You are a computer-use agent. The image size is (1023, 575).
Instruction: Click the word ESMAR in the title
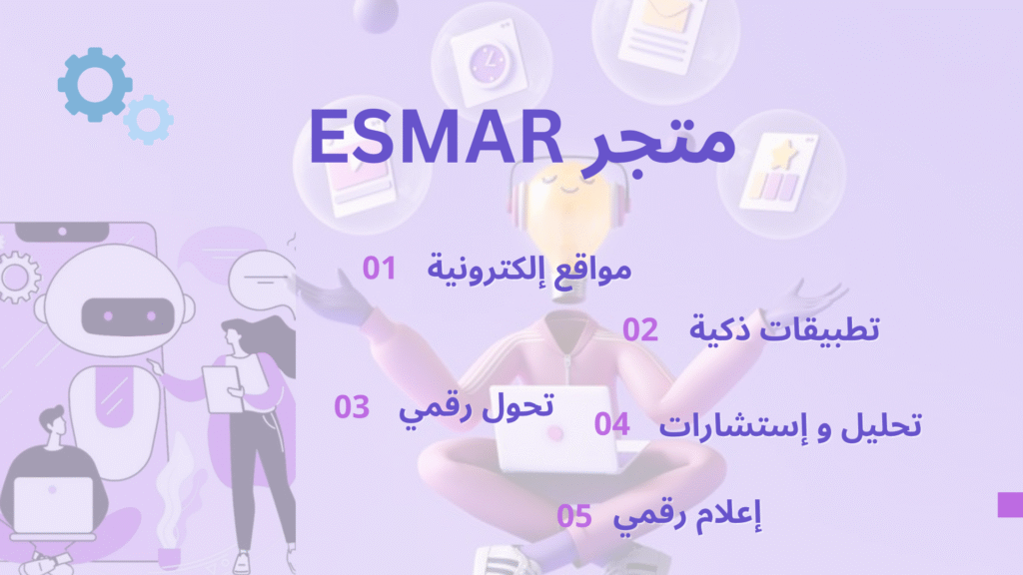[436, 137]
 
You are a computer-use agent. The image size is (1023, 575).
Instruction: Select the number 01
[379, 268]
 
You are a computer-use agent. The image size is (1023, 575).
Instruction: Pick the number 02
[640, 329]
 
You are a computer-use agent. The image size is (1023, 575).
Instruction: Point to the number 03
[352, 407]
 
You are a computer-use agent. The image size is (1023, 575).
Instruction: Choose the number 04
[612, 424]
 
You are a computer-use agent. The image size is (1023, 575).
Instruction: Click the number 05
[574, 516]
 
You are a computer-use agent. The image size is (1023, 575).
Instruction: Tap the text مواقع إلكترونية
[529, 270]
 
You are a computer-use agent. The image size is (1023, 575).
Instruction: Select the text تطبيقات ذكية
[784, 327]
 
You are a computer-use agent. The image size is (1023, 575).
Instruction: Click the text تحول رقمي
[477, 408]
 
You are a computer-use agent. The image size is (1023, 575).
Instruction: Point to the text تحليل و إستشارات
[790, 425]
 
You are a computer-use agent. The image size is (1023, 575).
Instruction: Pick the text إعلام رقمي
[687, 517]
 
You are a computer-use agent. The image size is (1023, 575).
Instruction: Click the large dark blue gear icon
[95, 84]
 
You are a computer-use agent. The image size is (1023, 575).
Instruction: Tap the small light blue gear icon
[149, 120]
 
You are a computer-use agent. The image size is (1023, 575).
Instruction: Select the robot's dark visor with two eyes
[128, 316]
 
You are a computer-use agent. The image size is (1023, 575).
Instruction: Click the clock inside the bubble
[488, 65]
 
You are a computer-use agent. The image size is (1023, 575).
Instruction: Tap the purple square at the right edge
[1010, 504]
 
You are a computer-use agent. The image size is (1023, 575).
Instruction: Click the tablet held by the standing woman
[222, 388]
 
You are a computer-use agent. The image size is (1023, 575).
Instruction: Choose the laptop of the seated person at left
[54, 505]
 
